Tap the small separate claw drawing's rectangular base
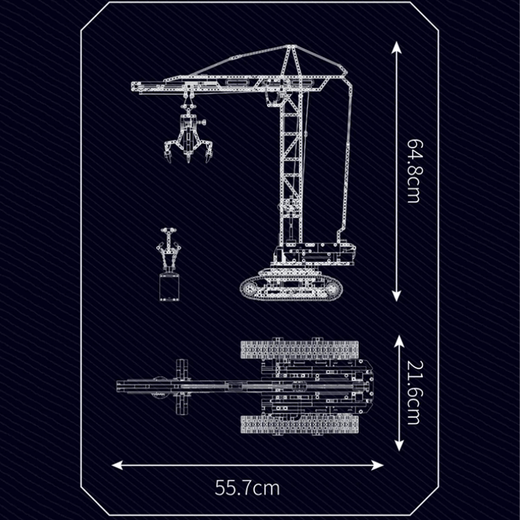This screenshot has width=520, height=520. (168, 287)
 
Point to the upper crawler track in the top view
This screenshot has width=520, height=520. (299, 350)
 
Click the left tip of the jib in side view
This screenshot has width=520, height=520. (133, 85)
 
